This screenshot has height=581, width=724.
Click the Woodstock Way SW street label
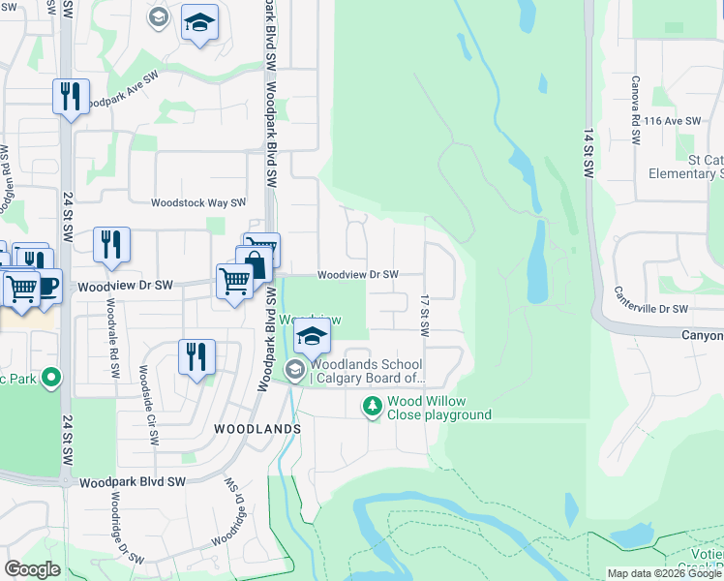pos(197,203)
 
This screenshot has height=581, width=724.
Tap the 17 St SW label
pos(424,315)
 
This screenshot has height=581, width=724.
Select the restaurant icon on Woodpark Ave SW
pos(71,96)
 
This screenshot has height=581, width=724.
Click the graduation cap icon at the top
pos(200,23)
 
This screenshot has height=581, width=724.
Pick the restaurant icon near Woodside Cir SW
pos(196,355)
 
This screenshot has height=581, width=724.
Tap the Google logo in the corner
pos(32,569)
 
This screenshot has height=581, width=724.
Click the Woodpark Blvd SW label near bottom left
pos(132,481)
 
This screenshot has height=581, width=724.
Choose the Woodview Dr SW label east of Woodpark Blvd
pos(358,275)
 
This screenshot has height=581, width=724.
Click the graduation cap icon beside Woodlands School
pos(312,336)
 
